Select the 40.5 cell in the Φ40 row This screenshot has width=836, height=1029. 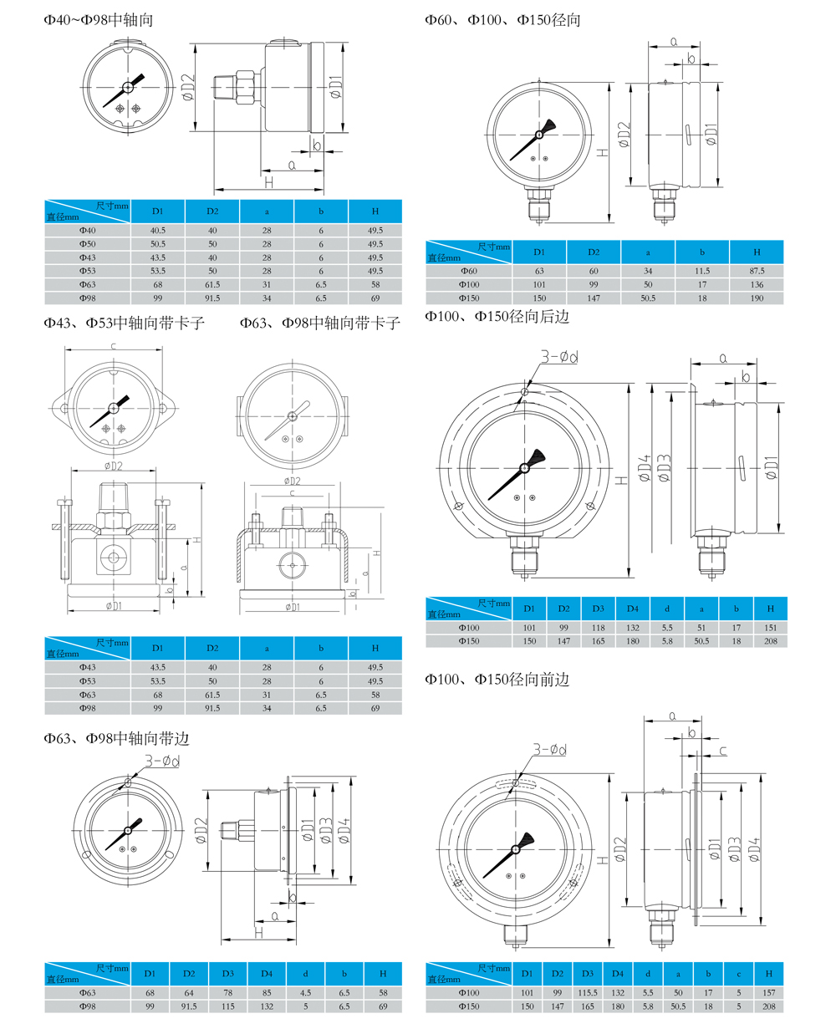pos(157,230)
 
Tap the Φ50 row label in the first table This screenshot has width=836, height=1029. pos(88,243)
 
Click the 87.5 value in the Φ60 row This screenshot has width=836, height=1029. pos(757,271)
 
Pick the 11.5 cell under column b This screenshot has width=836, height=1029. pos(702,271)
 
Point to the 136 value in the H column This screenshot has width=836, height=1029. pos(757,284)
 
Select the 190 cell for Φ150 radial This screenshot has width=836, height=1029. pos(757,298)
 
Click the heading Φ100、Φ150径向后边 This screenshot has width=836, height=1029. pos(497,317)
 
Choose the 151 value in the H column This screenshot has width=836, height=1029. pos(770,628)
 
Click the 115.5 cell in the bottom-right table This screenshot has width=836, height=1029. pos(588,993)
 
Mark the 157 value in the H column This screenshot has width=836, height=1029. pos(768,993)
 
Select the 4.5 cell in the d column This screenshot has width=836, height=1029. pos(305,993)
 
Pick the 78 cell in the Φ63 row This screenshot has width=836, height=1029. pos(227,993)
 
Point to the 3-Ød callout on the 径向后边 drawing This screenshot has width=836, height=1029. pos(560,358)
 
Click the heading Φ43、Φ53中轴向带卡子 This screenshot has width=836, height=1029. pos(125,322)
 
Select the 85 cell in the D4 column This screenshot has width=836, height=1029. pos(266,993)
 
